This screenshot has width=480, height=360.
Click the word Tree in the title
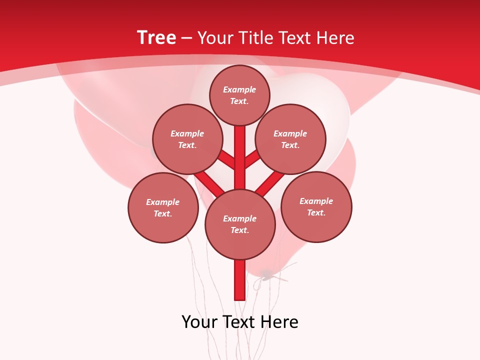(156, 38)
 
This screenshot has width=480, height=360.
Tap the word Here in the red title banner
(335, 38)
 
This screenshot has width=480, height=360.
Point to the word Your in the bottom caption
(200, 322)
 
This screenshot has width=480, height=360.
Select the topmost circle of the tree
(239, 95)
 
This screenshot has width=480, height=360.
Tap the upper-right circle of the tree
(290, 139)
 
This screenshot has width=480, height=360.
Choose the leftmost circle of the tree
(163, 207)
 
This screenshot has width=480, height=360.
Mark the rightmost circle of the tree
(316, 206)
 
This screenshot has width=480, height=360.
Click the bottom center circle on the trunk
(240, 224)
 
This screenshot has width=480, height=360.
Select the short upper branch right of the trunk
(252, 158)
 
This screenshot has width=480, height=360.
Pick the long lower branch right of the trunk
(270, 182)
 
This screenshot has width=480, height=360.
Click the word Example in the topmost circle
(239, 89)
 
